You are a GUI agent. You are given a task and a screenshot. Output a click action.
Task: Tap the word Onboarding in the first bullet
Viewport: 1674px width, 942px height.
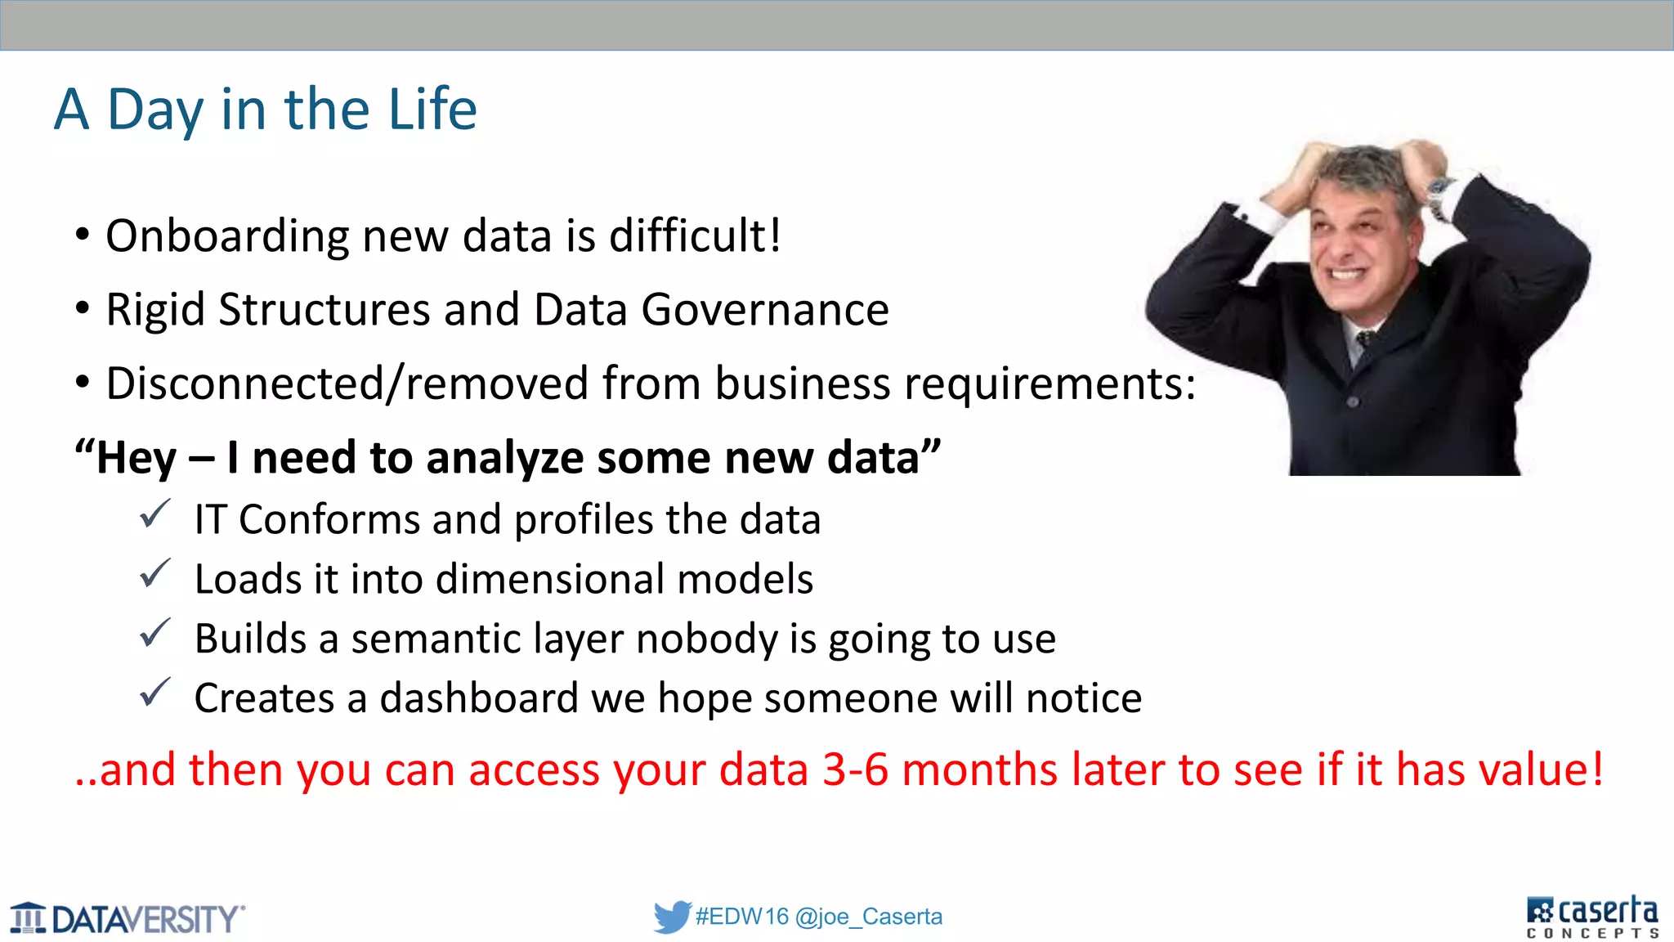point(227,236)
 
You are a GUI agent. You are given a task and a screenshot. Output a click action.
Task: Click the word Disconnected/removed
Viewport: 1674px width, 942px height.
point(347,384)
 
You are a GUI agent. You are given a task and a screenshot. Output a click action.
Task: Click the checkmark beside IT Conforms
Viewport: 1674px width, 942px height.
point(154,515)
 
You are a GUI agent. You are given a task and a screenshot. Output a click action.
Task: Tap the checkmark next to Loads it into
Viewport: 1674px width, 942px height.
point(154,574)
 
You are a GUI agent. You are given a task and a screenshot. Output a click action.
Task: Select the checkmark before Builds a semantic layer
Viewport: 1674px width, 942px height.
point(154,634)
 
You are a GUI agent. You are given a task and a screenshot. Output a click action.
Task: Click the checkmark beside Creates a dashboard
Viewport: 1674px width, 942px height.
point(154,693)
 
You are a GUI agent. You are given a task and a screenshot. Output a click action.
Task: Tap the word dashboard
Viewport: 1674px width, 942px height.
point(479,698)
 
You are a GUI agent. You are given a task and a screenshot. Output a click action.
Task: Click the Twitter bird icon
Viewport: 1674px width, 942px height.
point(672,917)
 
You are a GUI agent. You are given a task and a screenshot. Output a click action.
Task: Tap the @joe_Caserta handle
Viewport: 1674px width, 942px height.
point(868,917)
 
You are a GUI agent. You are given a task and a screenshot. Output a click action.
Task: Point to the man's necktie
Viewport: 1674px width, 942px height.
point(1363,343)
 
